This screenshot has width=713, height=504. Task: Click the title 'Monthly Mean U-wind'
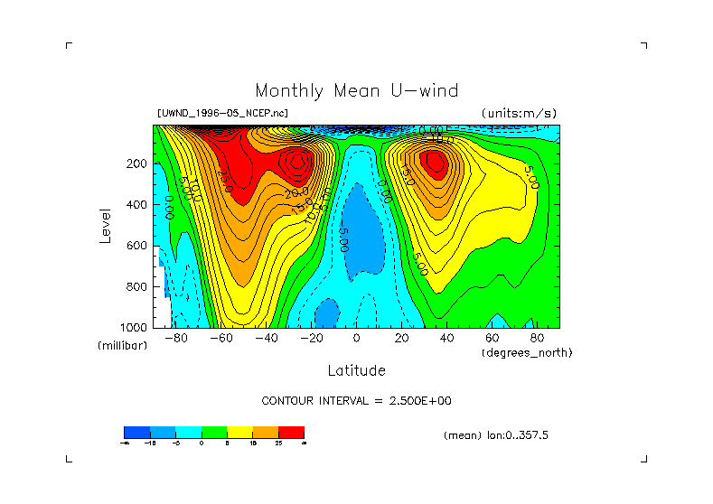tap(356, 91)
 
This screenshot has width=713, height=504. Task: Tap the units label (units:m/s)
tap(519, 113)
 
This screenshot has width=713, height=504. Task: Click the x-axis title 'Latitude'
tap(356, 370)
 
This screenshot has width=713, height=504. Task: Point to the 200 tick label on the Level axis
tap(137, 164)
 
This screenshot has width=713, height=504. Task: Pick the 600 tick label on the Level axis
tap(137, 246)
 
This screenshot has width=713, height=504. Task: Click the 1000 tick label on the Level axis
tap(135, 327)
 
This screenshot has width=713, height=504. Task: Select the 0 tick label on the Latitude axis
tap(356, 339)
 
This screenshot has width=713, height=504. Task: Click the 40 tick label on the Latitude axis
tap(446, 339)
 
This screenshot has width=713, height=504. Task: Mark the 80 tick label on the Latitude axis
tap(535, 339)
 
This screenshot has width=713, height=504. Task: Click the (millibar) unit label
tap(122, 346)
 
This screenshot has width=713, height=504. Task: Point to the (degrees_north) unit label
tap(526, 352)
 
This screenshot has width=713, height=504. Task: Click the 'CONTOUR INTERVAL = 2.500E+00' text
tap(356, 401)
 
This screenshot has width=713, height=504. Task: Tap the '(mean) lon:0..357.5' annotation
tap(496, 435)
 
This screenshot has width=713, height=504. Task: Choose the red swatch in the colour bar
tap(291, 432)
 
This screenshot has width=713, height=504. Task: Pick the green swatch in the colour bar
tap(214, 432)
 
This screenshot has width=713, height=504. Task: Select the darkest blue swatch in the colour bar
tap(136, 432)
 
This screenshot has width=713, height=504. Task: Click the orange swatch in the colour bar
tap(266, 432)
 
